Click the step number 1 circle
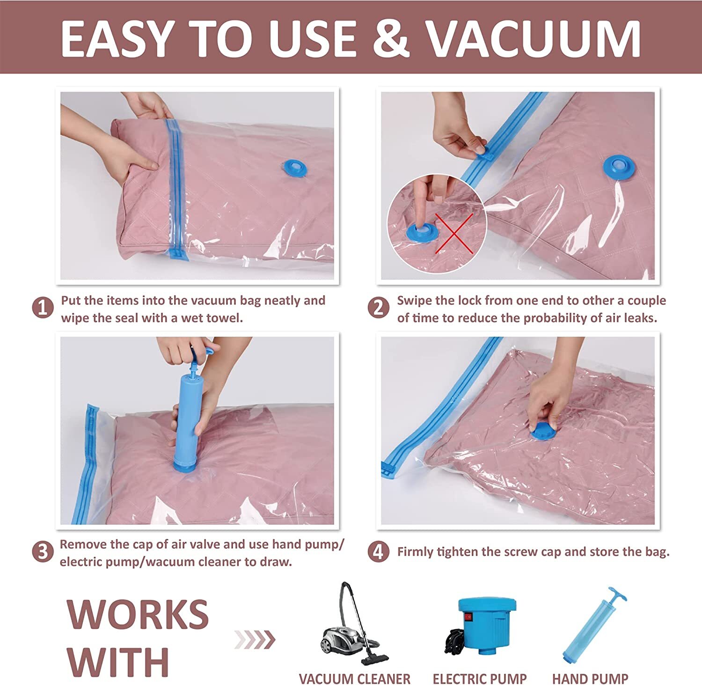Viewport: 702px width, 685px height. (43, 309)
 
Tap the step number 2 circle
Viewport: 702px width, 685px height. (378, 309)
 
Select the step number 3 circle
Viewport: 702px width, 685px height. (43, 552)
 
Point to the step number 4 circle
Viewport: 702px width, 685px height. (378, 552)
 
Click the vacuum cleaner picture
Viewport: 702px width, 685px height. (354, 625)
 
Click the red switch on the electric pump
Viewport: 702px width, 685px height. (467, 618)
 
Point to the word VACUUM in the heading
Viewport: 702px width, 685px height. (534, 38)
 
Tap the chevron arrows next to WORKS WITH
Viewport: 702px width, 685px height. (255, 640)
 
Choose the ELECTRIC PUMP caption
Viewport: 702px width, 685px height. (480, 678)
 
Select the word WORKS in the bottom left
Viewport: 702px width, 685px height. (138, 614)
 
